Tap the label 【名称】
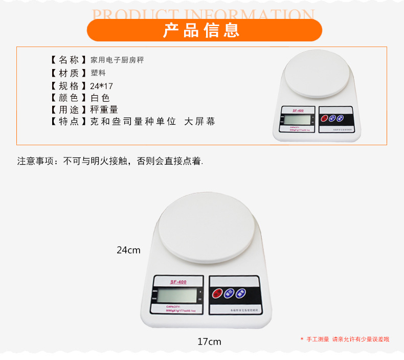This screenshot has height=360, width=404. click(x=66, y=60)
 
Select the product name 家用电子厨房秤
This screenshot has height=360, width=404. click(x=117, y=60)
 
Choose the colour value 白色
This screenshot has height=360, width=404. click(x=100, y=98)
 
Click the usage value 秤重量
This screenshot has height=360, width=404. click(x=104, y=109)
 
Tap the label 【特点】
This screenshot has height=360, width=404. click(x=66, y=122)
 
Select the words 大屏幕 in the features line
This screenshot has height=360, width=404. click(x=199, y=122)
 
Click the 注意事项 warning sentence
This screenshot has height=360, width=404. click(x=110, y=161)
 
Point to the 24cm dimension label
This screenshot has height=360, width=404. click(x=128, y=250)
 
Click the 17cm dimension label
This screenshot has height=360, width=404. click(x=209, y=342)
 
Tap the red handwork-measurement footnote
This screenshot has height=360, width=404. click(x=345, y=339)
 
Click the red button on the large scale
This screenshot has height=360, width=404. click(x=218, y=294)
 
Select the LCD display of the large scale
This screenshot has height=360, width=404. click(x=176, y=296)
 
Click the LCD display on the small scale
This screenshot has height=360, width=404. click(x=297, y=120)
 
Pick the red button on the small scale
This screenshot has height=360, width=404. click(x=324, y=119)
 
